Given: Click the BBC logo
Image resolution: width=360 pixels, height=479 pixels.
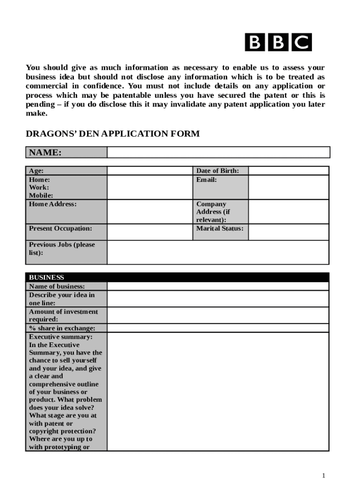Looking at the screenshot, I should [278, 43].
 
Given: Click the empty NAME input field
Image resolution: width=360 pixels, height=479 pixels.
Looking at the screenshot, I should [218, 152].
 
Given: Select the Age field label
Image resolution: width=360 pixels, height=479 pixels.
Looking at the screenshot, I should [36, 171].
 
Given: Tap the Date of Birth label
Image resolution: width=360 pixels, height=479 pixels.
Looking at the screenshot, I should [218, 171].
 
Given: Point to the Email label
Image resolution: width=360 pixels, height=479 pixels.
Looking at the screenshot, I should [206, 180].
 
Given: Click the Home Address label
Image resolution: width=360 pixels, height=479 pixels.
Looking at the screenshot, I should [53, 204].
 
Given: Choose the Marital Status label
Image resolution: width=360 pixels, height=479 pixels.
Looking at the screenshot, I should [220, 229].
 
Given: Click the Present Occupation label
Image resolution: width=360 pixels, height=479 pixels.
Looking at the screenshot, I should [60, 229].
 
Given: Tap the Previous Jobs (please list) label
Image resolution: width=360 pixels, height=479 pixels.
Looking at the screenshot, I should [62, 248].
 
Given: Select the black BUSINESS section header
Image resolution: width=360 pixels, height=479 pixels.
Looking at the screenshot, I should [177, 277].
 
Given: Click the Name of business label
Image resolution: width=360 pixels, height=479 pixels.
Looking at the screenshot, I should [57, 286].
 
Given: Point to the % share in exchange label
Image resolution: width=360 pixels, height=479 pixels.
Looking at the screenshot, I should [62, 328].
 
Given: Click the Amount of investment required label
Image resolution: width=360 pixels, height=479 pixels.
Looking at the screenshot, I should [64, 315].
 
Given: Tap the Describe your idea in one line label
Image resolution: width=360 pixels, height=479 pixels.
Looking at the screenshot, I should [62, 299].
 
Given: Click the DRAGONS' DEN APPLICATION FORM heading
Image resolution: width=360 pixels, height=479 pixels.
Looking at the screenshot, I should [112, 134].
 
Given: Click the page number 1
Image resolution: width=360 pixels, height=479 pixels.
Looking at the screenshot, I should [324, 475].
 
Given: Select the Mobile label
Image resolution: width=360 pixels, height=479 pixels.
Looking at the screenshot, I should [41, 196].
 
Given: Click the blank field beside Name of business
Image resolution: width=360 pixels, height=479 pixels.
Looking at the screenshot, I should [218, 286].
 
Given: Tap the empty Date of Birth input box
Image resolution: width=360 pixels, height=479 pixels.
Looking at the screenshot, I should [288, 171].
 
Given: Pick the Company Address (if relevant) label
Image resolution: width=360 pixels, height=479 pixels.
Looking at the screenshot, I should [213, 212].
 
